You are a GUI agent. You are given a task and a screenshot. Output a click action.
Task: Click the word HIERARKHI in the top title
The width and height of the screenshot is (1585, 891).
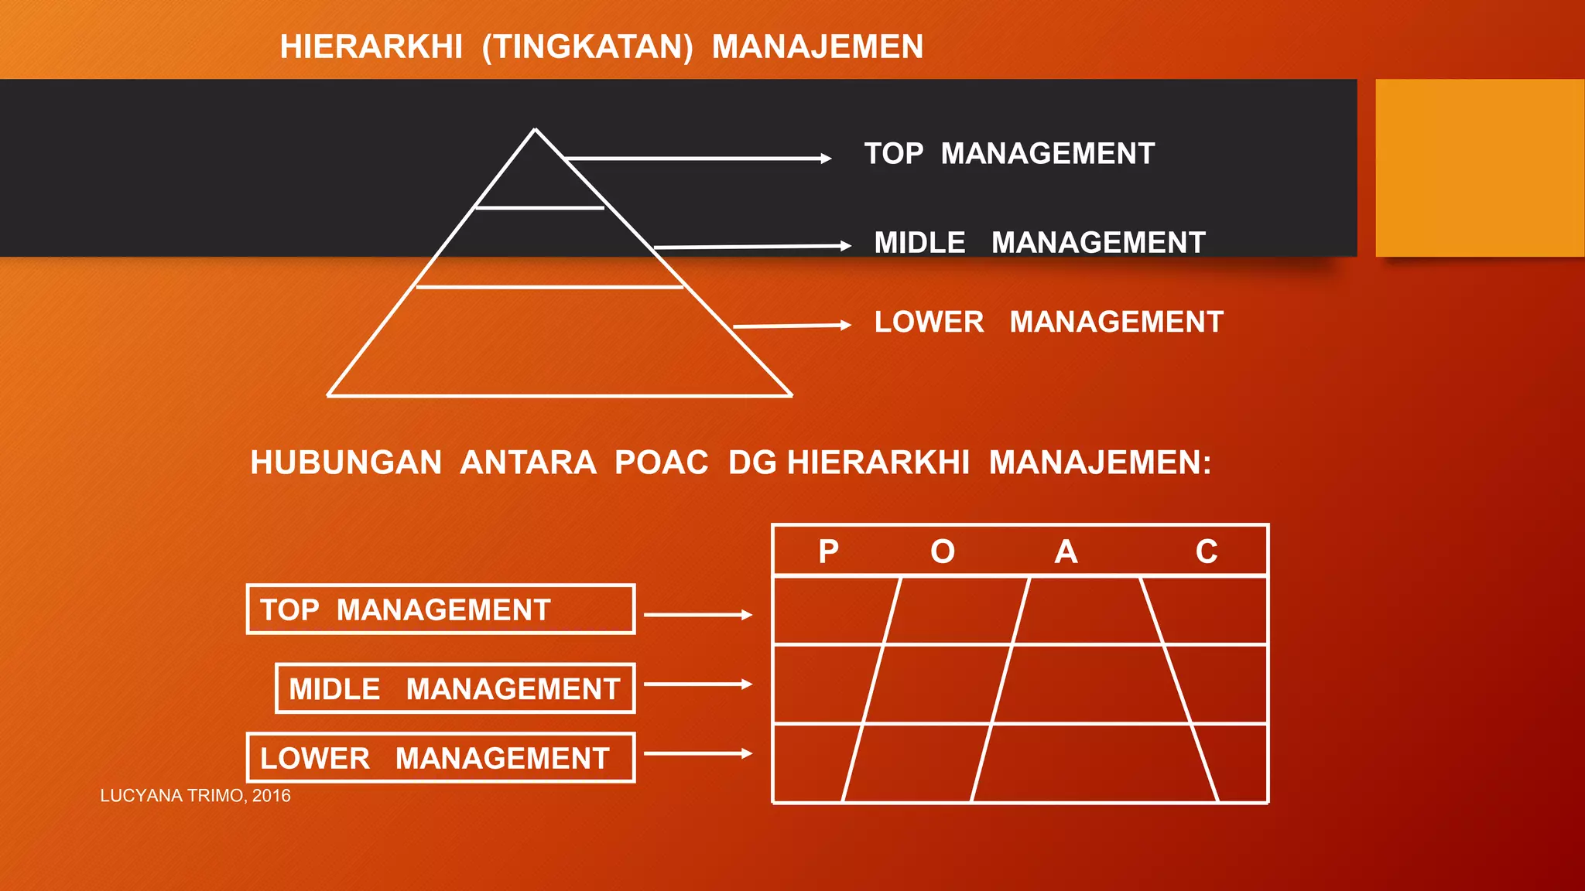pyautogui.click(x=371, y=47)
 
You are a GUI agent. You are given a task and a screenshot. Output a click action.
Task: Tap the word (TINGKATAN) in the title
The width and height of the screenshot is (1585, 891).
pyautogui.click(x=587, y=47)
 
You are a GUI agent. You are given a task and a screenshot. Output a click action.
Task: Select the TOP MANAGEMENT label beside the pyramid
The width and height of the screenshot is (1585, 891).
pyautogui.click(x=1009, y=154)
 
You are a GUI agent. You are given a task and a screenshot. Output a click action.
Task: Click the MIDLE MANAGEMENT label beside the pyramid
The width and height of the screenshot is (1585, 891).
pyautogui.click(x=1039, y=243)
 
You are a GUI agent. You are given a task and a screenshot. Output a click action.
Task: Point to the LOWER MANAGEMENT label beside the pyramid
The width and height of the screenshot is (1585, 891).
pyautogui.click(x=1049, y=322)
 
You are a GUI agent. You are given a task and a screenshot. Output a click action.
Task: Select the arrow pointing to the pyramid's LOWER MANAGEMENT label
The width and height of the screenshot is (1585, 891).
pyautogui.click(x=792, y=326)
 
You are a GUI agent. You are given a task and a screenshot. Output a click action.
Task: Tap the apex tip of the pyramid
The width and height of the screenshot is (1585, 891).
pyautogui.click(x=535, y=130)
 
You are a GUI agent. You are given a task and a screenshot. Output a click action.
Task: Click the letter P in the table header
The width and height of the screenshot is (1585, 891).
pyautogui.click(x=828, y=551)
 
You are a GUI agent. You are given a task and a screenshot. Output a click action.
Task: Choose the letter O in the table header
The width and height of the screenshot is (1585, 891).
pyautogui.click(x=943, y=551)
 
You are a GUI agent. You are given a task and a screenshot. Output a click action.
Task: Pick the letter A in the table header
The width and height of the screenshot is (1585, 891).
pyautogui.click(x=1066, y=551)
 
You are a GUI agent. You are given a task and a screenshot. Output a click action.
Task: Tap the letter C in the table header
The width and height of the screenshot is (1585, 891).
pyautogui.click(x=1206, y=551)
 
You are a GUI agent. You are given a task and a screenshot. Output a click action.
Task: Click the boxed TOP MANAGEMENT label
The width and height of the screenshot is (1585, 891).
pyautogui.click(x=440, y=609)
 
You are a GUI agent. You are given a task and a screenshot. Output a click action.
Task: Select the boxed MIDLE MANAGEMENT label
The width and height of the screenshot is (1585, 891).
pyautogui.click(x=455, y=688)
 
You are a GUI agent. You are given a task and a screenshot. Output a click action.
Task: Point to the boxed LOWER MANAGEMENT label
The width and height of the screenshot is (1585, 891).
pyautogui.click(x=440, y=758)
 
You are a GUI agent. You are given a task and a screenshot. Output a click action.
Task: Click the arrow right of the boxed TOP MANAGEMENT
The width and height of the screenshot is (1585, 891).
pyautogui.click(x=697, y=615)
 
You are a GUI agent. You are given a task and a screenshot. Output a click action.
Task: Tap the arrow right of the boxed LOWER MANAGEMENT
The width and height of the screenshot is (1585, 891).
pyautogui.click(x=697, y=753)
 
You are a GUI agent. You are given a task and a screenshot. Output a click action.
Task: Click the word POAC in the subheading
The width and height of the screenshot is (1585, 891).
pyautogui.click(x=661, y=463)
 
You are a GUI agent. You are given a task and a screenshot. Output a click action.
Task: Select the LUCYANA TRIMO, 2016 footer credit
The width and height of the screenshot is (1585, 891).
pyautogui.click(x=195, y=796)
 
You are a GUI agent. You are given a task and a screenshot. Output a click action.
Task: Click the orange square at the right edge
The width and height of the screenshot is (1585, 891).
pyautogui.click(x=1480, y=168)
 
